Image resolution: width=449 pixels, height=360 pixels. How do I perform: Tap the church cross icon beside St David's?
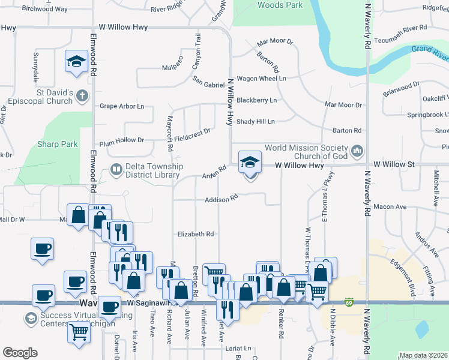pos(82,94)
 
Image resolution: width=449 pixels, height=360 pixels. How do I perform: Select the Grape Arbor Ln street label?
pos(122,106)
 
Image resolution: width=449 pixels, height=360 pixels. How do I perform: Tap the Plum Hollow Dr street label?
pos(122,140)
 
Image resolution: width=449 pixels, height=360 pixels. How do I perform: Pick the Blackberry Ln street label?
pos(256,100)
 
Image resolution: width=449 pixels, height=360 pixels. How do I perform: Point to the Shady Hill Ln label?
pos(255,121)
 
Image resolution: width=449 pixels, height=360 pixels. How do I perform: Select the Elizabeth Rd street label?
pos(196,234)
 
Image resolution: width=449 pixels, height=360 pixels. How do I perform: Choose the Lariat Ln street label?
pos(238,348)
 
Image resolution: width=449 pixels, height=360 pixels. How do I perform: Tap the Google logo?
pos(20,353)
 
